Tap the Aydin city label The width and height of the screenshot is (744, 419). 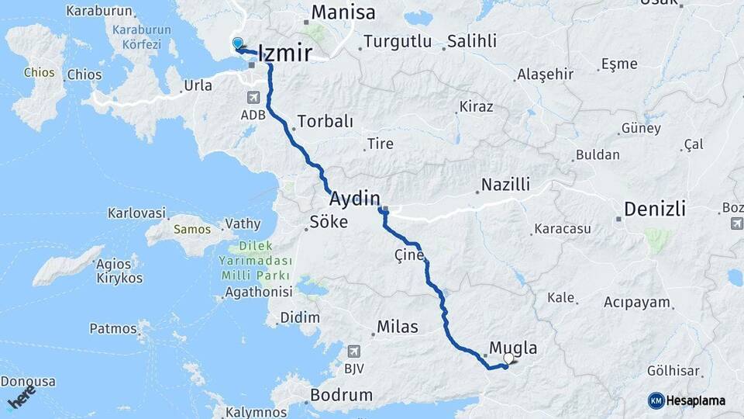coord(354,197)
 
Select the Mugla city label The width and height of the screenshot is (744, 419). coord(513,348)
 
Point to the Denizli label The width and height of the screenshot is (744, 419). coord(655,209)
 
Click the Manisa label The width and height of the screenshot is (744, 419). coord(343,13)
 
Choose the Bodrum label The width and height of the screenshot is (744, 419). coord(341,395)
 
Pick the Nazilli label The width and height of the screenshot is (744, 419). coord(505,185)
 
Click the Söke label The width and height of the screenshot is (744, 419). coord(329,222)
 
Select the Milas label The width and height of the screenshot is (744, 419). coord(398,327)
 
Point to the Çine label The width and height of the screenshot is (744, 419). coord(409,255)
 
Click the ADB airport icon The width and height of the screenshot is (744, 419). coord(253,98)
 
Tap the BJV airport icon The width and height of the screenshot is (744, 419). coord(354,351)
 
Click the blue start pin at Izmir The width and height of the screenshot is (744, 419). coord(237,44)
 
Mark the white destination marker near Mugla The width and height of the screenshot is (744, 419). coord(509,359)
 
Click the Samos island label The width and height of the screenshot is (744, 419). coord(187,230)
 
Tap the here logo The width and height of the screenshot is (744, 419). coord(22,397)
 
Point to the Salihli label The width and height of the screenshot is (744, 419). coord(473,41)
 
